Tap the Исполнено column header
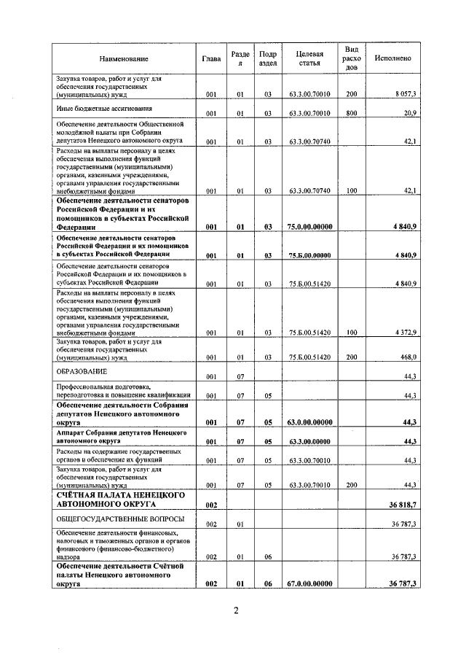click(393, 58)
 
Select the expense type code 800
click(352, 114)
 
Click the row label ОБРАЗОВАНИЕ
click(82, 371)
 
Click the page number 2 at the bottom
click(237, 610)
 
